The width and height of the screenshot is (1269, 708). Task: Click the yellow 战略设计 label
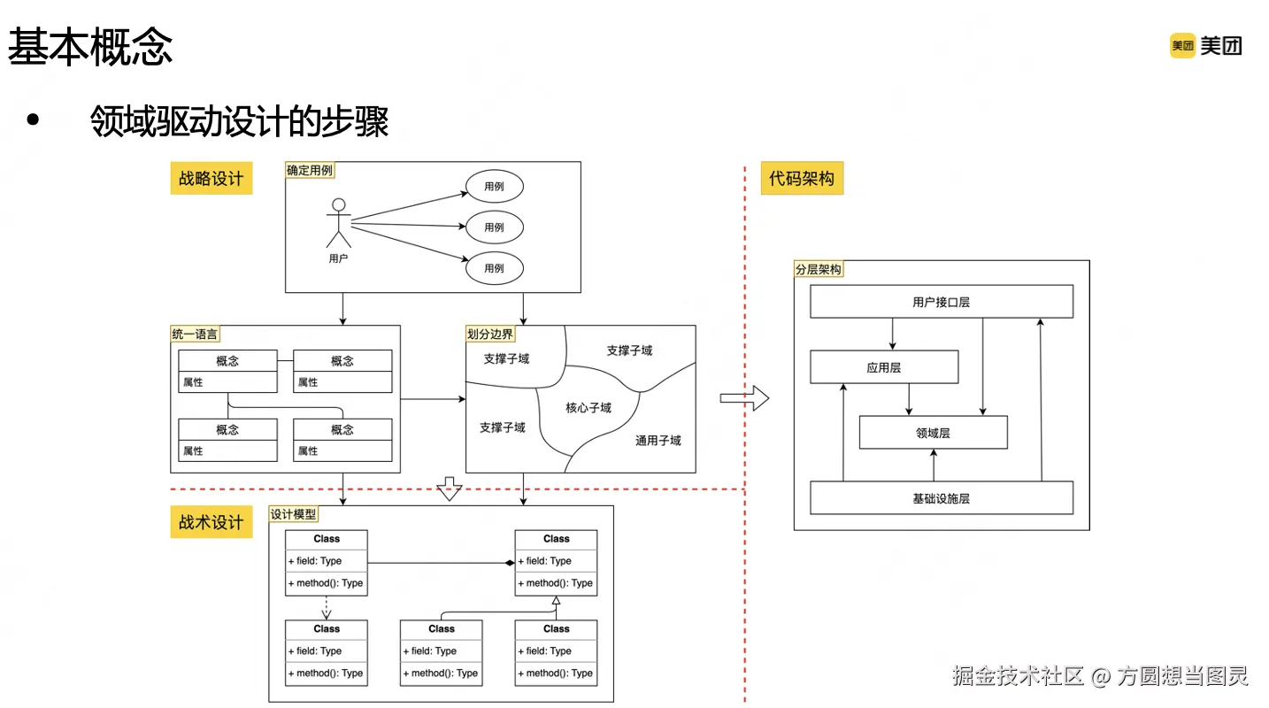click(211, 179)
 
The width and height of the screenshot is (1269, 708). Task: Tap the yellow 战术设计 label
click(211, 521)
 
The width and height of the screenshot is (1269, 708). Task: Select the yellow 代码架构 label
click(802, 179)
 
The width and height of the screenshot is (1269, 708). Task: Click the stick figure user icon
click(339, 223)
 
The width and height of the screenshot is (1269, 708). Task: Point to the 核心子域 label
click(588, 408)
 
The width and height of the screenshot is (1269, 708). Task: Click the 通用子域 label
click(658, 441)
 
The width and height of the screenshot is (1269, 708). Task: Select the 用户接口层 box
click(942, 301)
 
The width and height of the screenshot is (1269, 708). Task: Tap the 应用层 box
click(884, 367)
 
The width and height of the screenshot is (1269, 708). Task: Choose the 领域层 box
click(933, 433)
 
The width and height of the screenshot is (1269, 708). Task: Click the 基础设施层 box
click(942, 498)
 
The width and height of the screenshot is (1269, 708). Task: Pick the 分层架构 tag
click(819, 269)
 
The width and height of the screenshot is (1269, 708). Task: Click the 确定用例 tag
click(310, 171)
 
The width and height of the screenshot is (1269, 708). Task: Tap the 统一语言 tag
click(195, 335)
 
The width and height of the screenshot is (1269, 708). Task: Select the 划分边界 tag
click(490, 335)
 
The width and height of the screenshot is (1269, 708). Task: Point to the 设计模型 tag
click(294, 514)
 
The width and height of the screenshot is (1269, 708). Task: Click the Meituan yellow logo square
click(1182, 45)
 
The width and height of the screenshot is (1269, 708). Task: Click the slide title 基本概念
click(90, 47)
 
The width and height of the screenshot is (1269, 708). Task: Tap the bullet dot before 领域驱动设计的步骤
click(33, 119)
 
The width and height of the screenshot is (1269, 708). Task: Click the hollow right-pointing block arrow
click(744, 398)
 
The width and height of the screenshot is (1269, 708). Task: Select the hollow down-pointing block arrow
click(450, 489)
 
